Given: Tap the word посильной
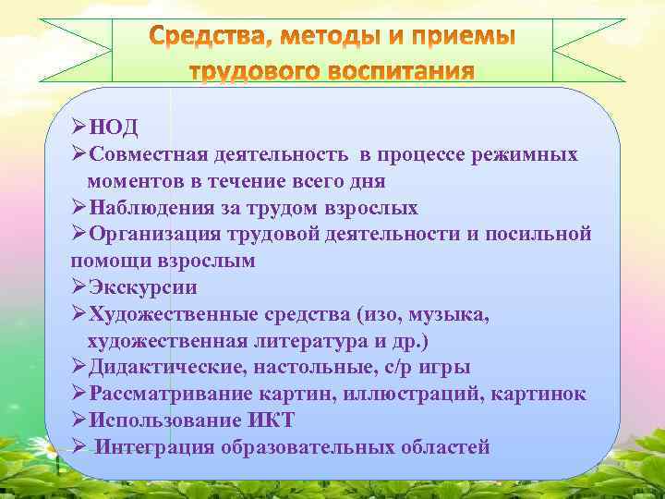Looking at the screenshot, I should (x=544, y=235).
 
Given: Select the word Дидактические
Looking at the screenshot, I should (x=163, y=368).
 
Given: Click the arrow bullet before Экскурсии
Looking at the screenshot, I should (x=78, y=287).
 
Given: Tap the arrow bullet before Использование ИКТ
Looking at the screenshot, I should (x=78, y=421).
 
